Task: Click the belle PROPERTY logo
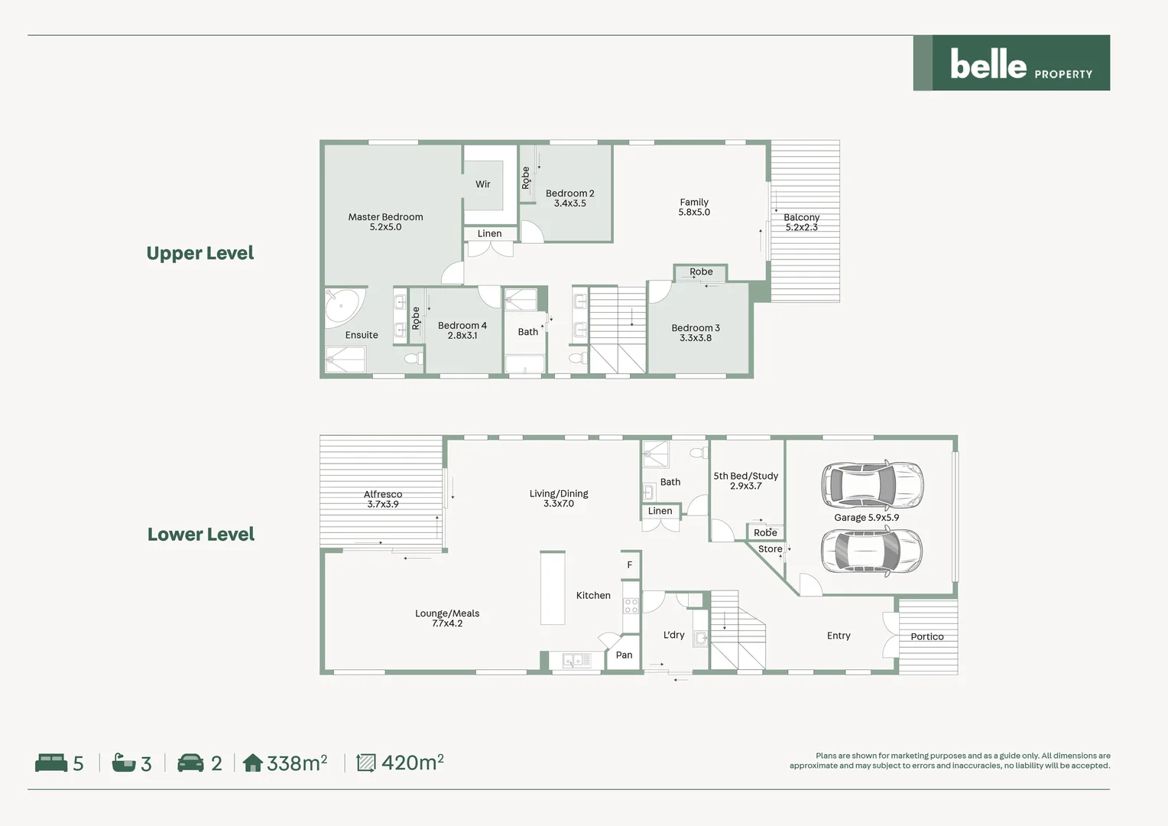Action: (1011, 63)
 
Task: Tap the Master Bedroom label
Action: (385, 222)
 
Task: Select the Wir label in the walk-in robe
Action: (483, 184)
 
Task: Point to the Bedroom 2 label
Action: (569, 198)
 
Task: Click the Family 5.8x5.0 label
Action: (694, 207)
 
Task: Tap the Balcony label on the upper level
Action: (801, 222)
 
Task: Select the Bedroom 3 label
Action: (696, 333)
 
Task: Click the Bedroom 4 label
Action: (462, 330)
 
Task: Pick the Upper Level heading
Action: (200, 253)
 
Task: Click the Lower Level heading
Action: (201, 535)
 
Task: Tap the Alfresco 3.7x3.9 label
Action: (383, 499)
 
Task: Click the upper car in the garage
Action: (872, 485)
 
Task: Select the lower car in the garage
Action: (871, 551)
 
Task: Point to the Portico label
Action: (927, 636)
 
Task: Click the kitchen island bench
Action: (553, 588)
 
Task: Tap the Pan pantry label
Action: (624, 655)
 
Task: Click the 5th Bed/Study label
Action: (745, 480)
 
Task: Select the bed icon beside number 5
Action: (51, 763)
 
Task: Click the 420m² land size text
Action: (412, 763)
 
